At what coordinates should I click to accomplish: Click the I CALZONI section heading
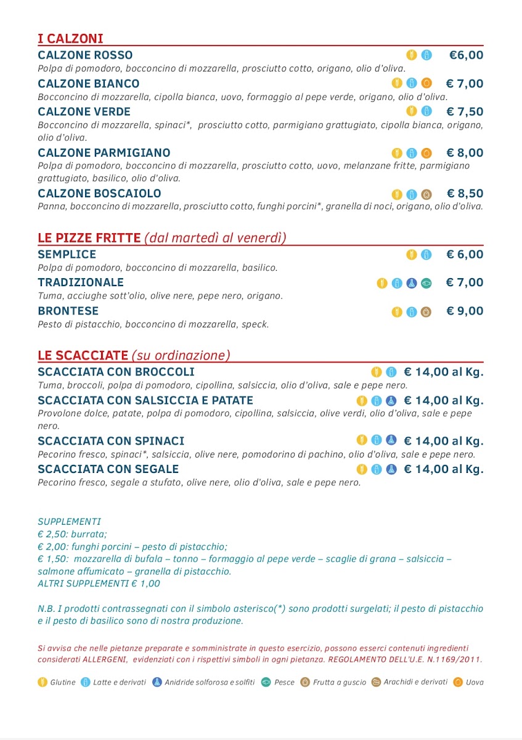click(70, 39)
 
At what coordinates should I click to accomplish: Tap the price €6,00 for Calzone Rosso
click(466, 55)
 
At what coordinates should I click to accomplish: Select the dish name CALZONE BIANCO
click(89, 83)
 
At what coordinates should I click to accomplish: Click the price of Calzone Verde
click(465, 112)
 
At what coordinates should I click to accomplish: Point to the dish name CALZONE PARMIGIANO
click(104, 153)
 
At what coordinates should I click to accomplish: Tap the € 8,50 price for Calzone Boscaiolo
click(465, 193)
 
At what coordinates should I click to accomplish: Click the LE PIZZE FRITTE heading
click(89, 238)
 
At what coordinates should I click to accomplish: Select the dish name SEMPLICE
click(67, 254)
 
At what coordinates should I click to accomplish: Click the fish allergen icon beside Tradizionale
click(426, 283)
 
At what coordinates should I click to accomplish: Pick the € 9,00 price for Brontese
click(465, 311)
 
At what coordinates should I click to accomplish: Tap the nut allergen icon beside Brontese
click(426, 311)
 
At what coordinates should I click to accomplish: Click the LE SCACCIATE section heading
click(83, 355)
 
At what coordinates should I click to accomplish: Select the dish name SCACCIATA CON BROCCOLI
click(116, 372)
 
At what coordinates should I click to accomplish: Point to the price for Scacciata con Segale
click(443, 469)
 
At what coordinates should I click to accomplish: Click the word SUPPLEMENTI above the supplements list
click(69, 522)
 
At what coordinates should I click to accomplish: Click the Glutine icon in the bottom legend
click(43, 682)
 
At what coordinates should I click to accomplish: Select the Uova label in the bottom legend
click(475, 682)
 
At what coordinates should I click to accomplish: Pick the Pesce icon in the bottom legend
click(266, 682)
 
